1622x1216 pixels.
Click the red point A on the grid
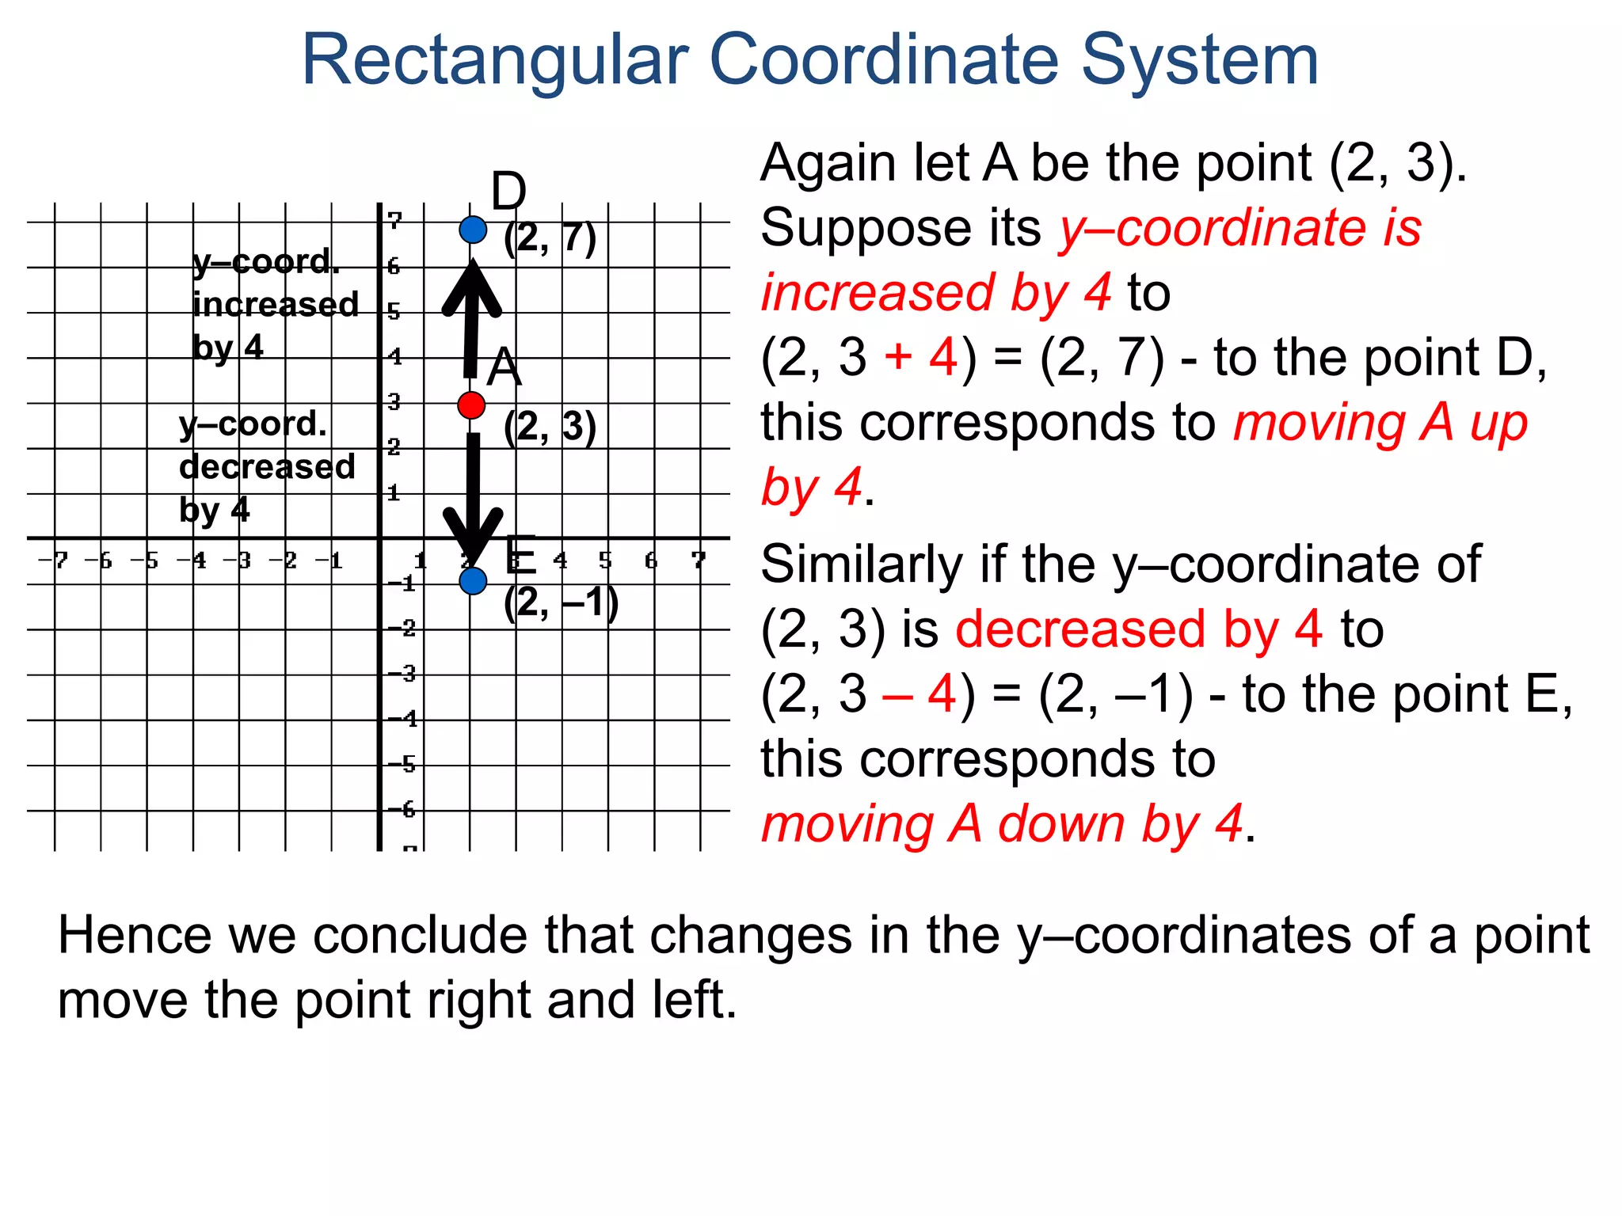point(471,405)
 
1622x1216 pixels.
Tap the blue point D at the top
point(473,230)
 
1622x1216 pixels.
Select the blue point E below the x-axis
point(473,581)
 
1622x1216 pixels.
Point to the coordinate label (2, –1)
point(561,603)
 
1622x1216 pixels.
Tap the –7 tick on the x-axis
point(54,560)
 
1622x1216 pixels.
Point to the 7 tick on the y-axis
point(394,221)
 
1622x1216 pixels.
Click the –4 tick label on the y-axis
point(402,719)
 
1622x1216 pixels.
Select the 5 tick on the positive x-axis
point(606,560)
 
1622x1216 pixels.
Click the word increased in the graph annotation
point(276,305)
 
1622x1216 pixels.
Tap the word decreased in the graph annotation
point(267,467)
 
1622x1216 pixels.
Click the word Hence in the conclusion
point(135,936)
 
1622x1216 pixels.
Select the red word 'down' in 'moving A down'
point(1061,824)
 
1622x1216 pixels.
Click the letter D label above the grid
point(508,192)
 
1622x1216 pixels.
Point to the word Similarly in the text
point(862,564)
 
